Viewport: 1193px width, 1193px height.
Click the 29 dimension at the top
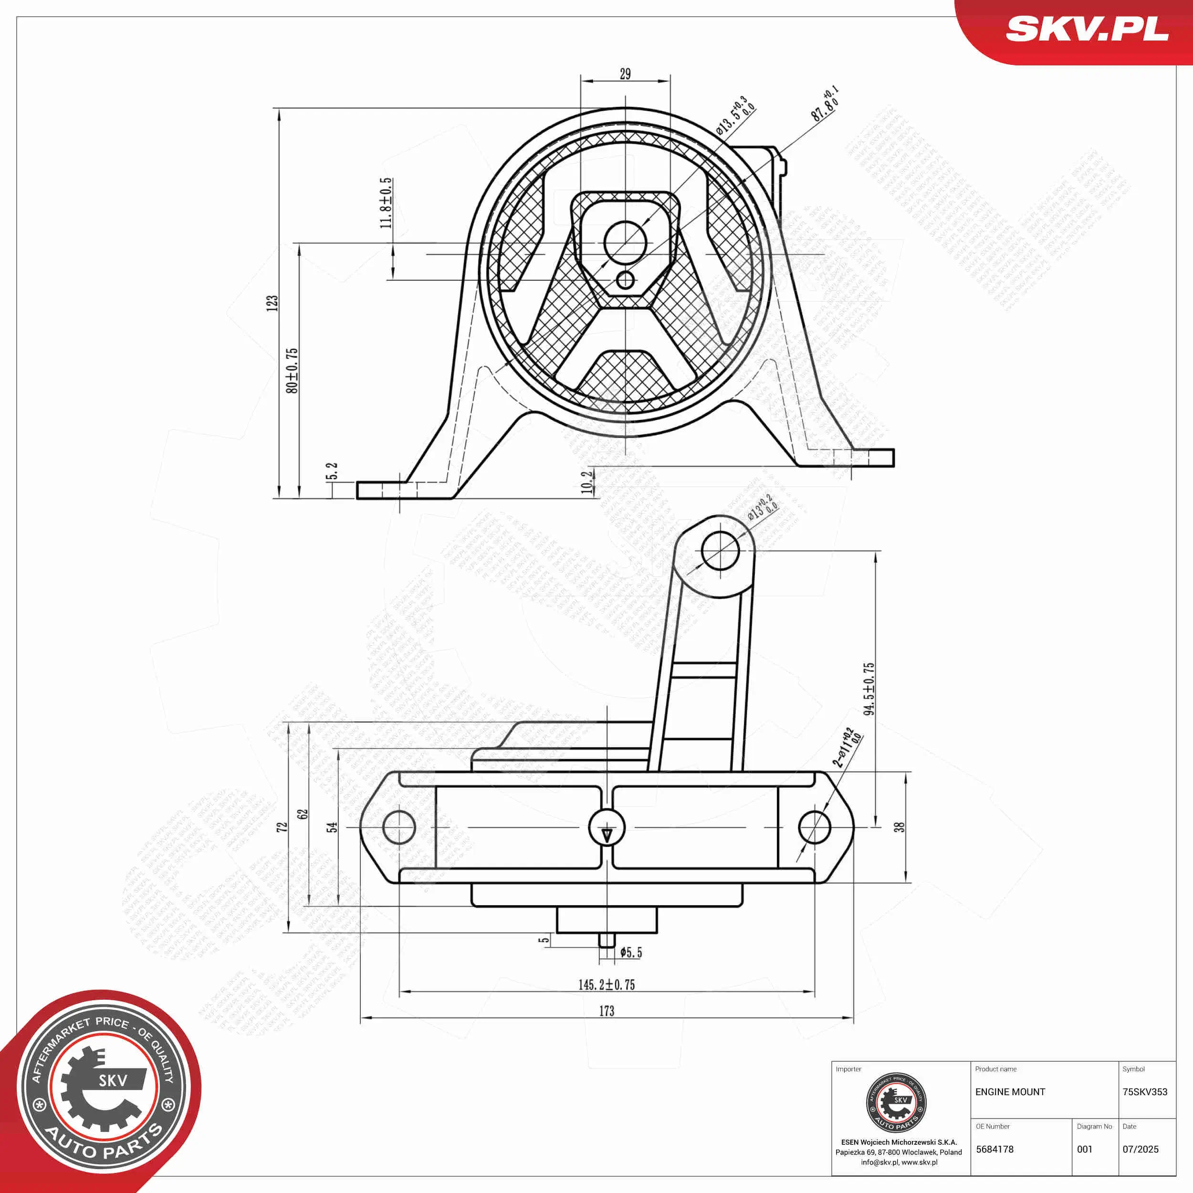pos(625,74)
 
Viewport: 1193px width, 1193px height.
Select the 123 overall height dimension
pos(272,303)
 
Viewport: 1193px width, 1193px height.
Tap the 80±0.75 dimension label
pos(292,370)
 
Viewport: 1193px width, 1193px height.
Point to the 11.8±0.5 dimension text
pos(386,203)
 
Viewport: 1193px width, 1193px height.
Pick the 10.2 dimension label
pos(587,482)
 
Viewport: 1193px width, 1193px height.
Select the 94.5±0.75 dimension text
pos(869,689)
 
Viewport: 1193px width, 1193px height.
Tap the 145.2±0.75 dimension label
pos(607,985)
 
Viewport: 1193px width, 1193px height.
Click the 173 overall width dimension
pos(607,1011)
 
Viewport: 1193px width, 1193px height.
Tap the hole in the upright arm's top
pos(721,550)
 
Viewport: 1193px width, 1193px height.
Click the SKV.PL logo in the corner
pos(1087,29)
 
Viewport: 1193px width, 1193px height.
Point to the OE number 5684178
pos(995,1149)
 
